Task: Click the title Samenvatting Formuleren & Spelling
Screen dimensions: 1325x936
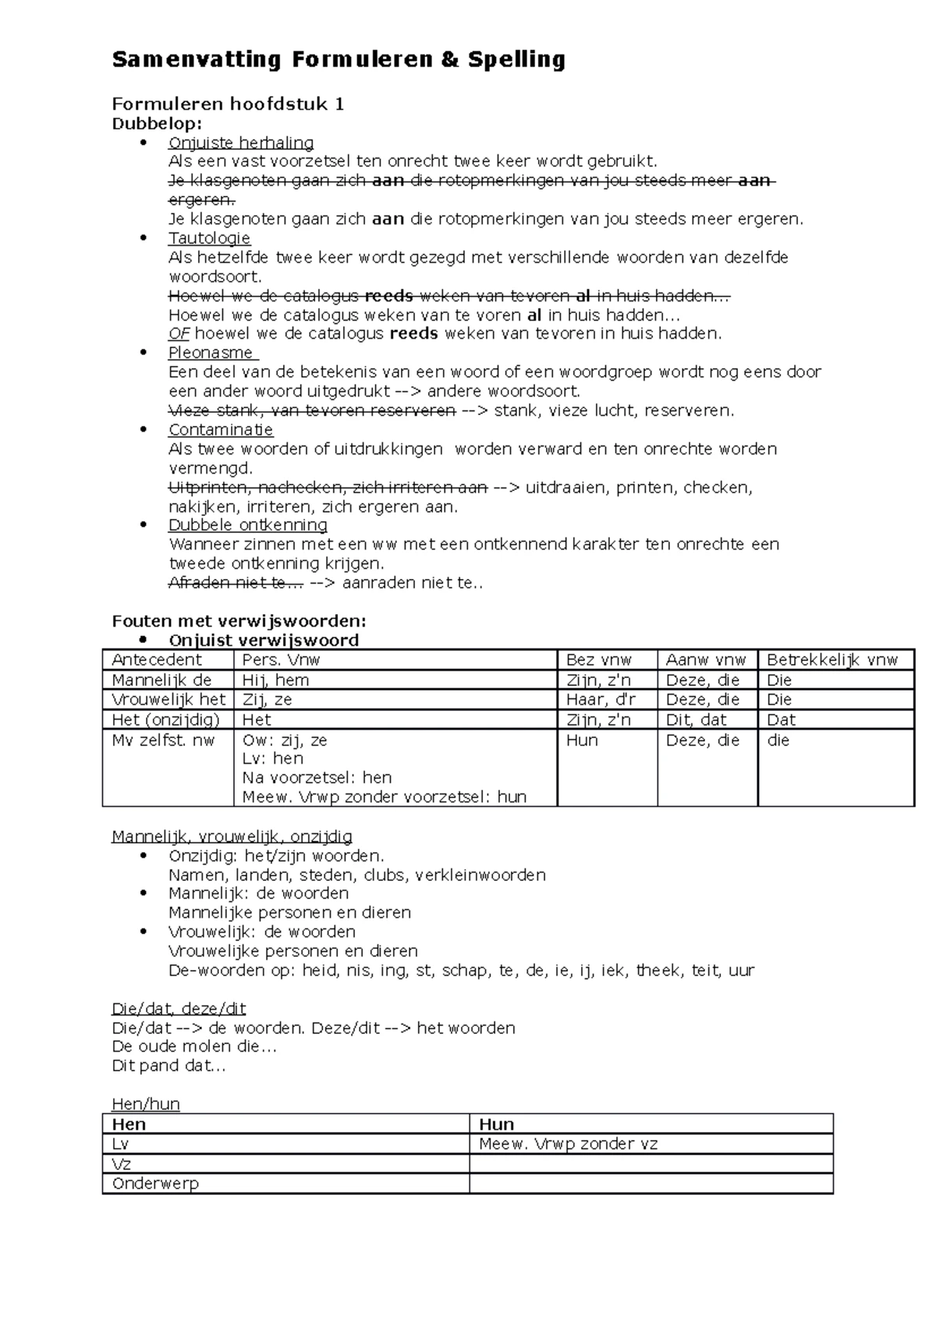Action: pyautogui.click(x=339, y=60)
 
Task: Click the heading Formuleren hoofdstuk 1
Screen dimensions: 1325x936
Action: pyautogui.click(x=228, y=105)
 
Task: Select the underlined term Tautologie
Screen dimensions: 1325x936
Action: pyautogui.click(x=209, y=238)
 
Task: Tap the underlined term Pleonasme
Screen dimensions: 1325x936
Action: pyautogui.click(x=211, y=353)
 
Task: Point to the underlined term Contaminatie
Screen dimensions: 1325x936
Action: pyautogui.click(x=221, y=430)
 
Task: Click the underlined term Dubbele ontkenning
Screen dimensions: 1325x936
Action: pyautogui.click(x=247, y=525)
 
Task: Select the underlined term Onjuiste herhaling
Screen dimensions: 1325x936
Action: pyautogui.click(x=241, y=143)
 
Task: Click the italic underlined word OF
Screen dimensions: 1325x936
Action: pyautogui.click(x=179, y=334)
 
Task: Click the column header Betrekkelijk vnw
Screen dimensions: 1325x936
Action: pyautogui.click(x=832, y=660)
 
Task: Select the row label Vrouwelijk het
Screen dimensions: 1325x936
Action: pyautogui.click(x=168, y=700)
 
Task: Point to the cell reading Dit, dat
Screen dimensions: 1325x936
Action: pyautogui.click(x=696, y=720)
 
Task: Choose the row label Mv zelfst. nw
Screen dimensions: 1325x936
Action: pyautogui.click(x=164, y=740)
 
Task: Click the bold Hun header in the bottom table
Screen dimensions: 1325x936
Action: pyautogui.click(x=497, y=1124)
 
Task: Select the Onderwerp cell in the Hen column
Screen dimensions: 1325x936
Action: pyautogui.click(x=156, y=1184)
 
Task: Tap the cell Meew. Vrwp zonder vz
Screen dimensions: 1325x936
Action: pyautogui.click(x=568, y=1144)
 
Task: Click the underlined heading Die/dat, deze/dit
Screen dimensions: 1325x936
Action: pyautogui.click(x=179, y=1009)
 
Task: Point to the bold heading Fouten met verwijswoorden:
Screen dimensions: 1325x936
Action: pyautogui.click(x=239, y=621)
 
